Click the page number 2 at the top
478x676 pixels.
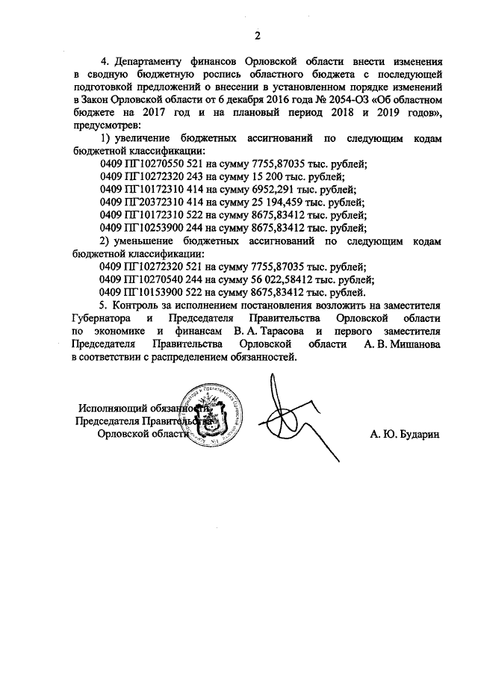[x=256, y=35]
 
